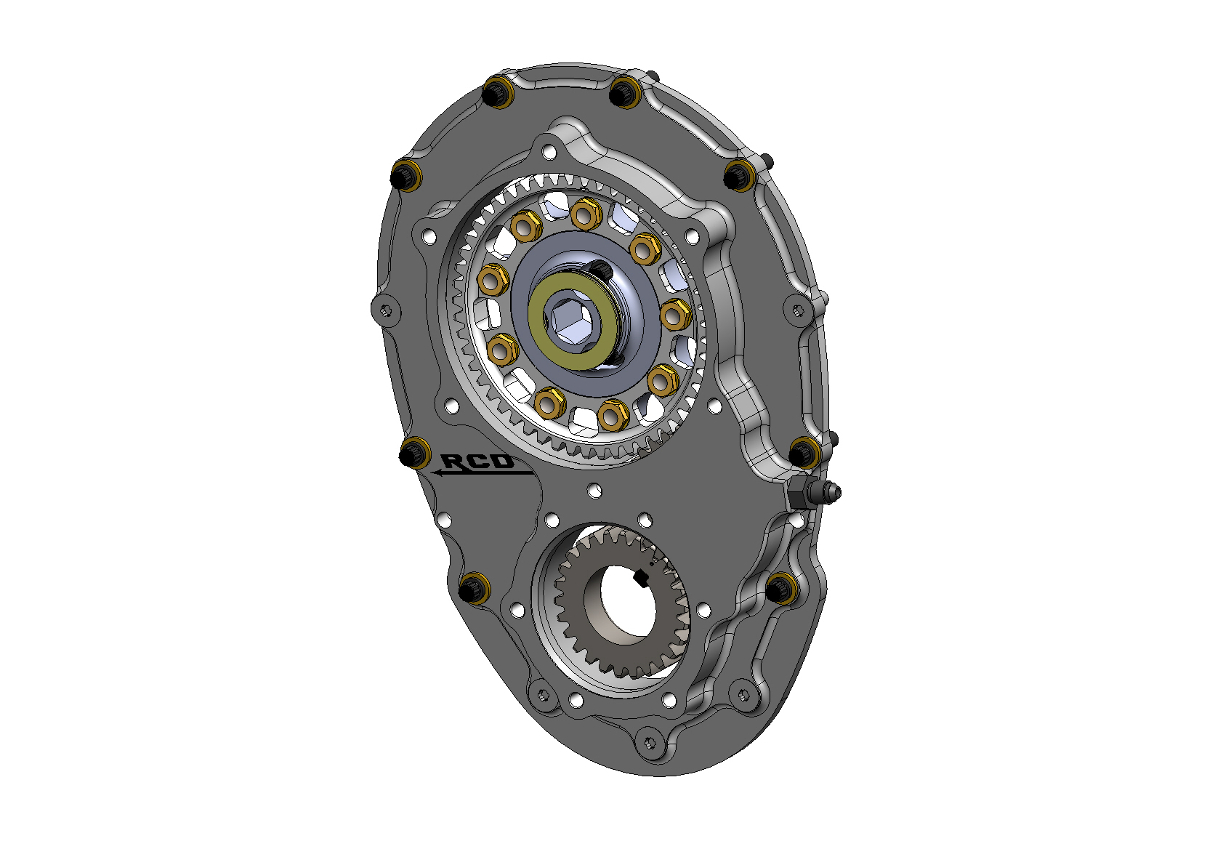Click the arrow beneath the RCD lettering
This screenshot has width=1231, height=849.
click(x=480, y=473)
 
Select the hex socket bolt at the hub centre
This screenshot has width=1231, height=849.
click(x=568, y=319)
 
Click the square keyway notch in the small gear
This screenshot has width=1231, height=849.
click(x=641, y=578)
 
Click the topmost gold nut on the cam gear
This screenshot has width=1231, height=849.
click(x=586, y=214)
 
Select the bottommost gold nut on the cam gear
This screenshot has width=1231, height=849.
click(x=613, y=415)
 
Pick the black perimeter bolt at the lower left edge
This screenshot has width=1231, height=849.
click(x=474, y=587)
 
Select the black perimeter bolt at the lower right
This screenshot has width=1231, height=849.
click(x=782, y=587)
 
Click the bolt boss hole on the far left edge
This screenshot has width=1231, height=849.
click(x=386, y=310)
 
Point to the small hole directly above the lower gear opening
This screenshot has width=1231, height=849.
click(x=594, y=490)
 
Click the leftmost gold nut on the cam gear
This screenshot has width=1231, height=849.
click(x=494, y=279)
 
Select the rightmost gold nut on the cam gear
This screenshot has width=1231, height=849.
click(x=674, y=314)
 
